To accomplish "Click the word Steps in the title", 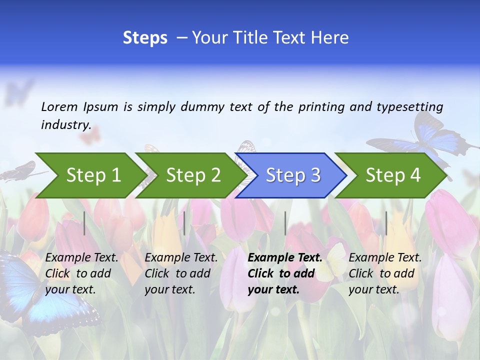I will [145, 38].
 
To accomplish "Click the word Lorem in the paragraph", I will [59, 106].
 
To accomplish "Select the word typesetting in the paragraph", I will [409, 106].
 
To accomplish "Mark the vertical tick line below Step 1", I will [84, 223].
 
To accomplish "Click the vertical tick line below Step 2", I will [184, 223].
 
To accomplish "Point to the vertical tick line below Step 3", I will [285, 223].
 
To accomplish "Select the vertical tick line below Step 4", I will [386, 223].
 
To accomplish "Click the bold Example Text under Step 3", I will [285, 257].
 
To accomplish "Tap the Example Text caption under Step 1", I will [81, 257].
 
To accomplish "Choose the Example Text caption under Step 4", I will [385, 257].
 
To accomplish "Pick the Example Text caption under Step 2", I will [181, 257].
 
